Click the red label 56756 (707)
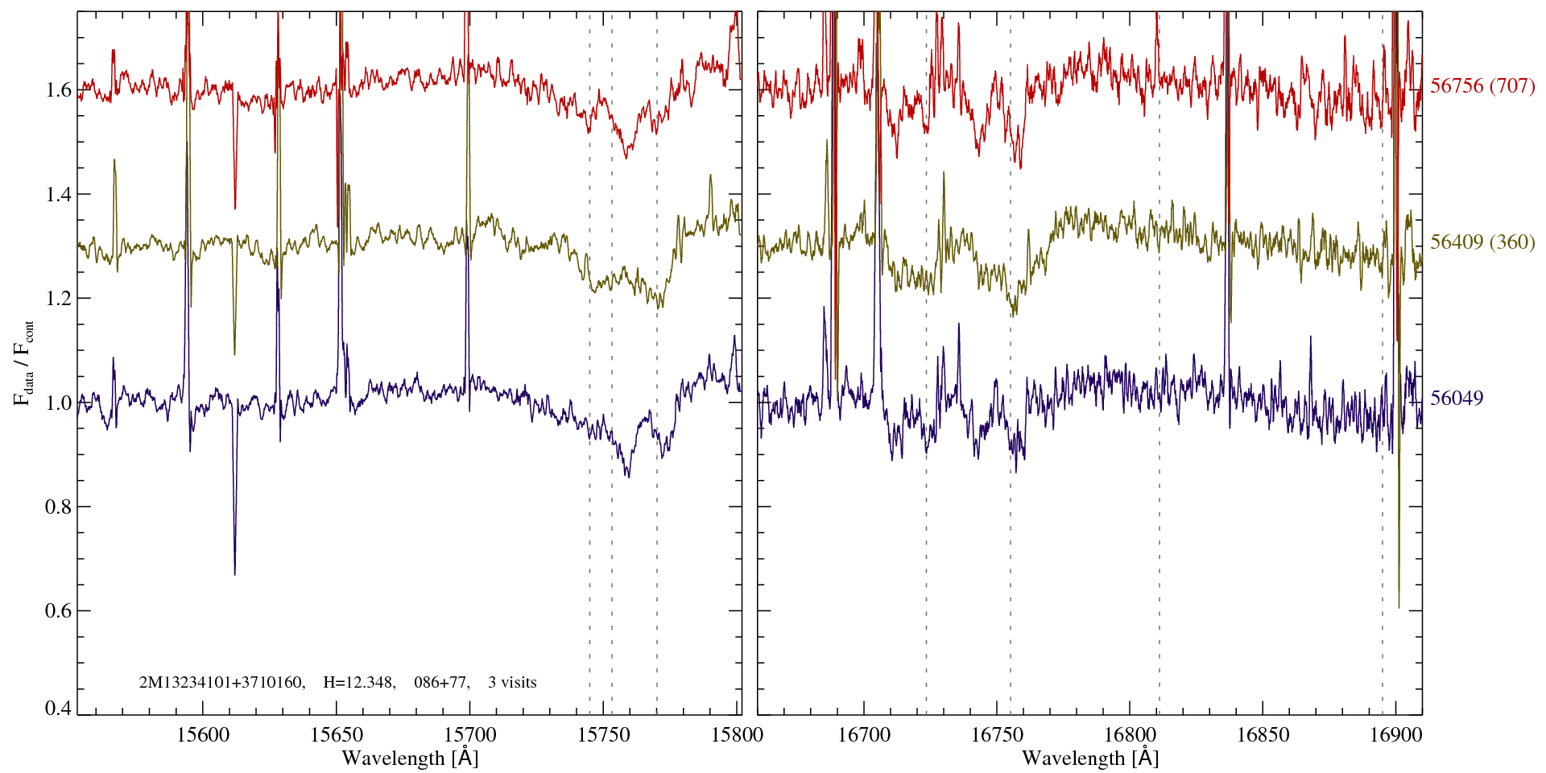point(1482,86)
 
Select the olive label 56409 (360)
point(1482,242)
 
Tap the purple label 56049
point(1457,399)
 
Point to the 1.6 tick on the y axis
point(58,89)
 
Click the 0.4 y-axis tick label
point(58,709)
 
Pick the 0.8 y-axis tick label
point(58,506)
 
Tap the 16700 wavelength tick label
point(864,734)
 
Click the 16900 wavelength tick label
point(1395,734)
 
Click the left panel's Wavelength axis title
point(410,758)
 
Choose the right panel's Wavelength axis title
point(1090,758)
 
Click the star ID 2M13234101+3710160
point(221,683)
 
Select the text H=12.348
point(358,683)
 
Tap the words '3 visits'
point(512,683)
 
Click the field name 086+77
point(440,683)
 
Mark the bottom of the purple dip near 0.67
point(234,573)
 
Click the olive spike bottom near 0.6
point(1399,607)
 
